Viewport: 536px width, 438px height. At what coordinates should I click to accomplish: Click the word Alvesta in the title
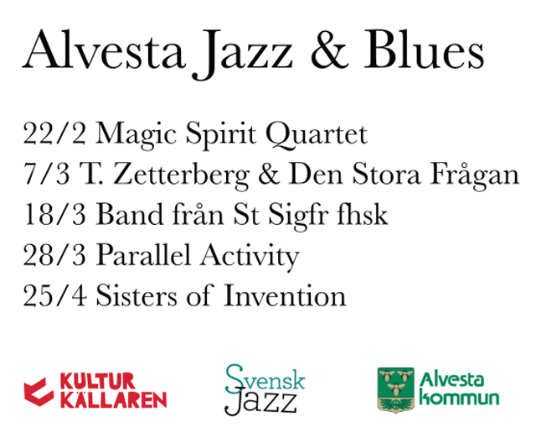click(104, 50)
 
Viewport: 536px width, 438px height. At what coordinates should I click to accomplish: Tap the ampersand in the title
click(329, 50)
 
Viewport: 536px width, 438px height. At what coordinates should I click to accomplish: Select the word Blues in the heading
click(424, 50)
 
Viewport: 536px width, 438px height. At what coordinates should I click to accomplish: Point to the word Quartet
click(317, 134)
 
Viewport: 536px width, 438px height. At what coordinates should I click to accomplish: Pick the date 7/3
click(47, 174)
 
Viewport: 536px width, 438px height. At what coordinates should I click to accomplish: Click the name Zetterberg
click(181, 175)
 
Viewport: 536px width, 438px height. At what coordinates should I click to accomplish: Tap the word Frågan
click(475, 175)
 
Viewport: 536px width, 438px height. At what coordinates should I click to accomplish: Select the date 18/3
click(54, 214)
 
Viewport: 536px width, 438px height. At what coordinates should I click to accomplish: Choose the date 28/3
click(54, 255)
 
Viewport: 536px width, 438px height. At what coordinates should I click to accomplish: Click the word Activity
click(250, 257)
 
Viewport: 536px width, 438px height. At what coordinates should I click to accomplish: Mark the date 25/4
click(54, 295)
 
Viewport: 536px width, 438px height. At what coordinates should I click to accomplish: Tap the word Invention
click(285, 295)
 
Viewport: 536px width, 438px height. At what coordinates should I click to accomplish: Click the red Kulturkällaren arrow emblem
click(39, 392)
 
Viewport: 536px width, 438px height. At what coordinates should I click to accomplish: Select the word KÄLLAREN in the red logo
click(114, 399)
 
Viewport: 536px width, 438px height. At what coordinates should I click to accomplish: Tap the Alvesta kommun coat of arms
click(395, 389)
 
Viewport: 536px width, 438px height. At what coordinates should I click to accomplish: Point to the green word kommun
click(459, 399)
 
